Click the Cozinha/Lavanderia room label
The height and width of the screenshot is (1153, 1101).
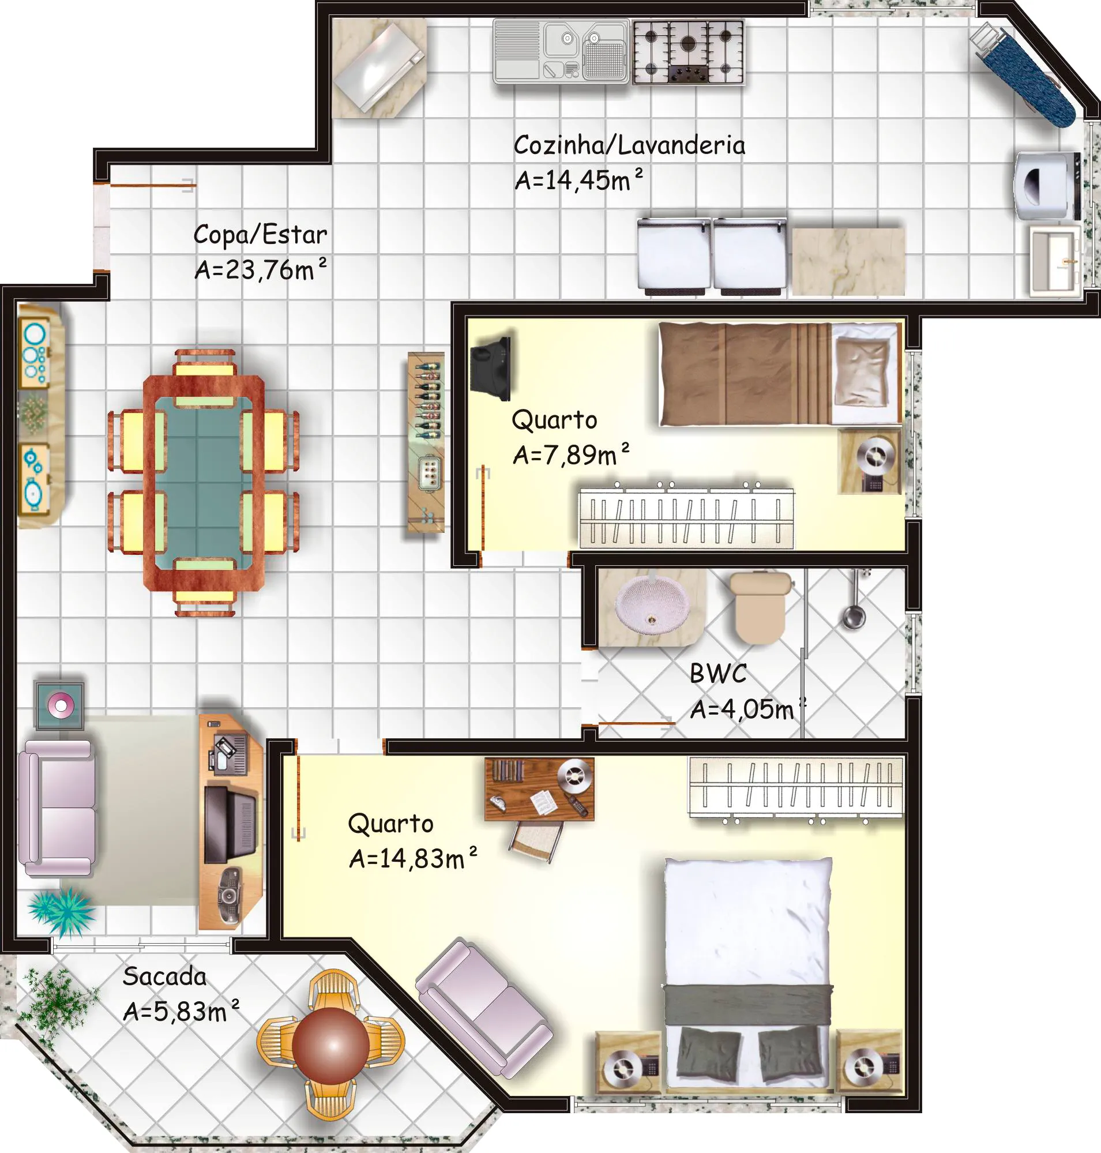tap(629, 145)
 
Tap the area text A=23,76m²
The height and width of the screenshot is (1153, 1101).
tap(261, 269)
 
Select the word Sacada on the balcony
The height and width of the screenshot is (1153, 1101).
tap(164, 977)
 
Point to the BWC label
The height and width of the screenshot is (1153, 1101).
tap(719, 673)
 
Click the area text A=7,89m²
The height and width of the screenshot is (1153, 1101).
tap(570, 454)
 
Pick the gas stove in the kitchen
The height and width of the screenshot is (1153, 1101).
tap(689, 52)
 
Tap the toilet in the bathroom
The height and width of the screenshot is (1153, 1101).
tap(760, 608)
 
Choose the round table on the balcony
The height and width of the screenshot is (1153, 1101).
tap(331, 1046)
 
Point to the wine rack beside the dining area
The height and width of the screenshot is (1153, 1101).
tap(426, 442)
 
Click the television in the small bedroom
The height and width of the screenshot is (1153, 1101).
tap(491, 368)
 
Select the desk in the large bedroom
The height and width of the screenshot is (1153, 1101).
tap(539, 788)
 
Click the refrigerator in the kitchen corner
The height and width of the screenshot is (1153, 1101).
tap(379, 67)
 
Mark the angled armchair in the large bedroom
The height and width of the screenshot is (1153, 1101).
tap(483, 1008)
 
